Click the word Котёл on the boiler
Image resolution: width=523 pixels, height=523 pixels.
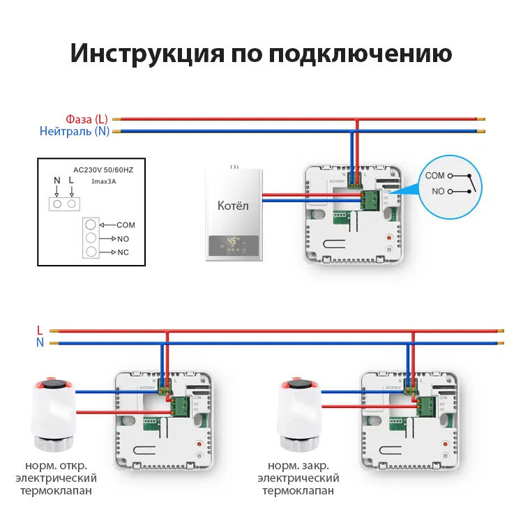pyautogui.click(x=233, y=206)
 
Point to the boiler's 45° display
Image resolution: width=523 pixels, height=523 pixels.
pyautogui.click(x=233, y=242)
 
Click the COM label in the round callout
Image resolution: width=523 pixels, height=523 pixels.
pyautogui.click(x=434, y=176)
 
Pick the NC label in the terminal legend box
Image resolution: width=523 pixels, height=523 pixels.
pyautogui.click(x=123, y=251)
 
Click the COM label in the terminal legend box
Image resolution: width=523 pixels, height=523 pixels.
pyautogui.click(x=126, y=225)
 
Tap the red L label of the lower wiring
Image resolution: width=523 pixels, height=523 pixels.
pyautogui.click(x=40, y=330)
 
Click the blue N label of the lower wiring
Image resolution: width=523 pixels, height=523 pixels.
pyautogui.click(x=40, y=342)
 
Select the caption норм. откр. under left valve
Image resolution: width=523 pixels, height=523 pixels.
pyautogui.click(x=56, y=466)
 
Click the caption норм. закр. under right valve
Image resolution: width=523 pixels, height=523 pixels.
pyautogui.click(x=298, y=466)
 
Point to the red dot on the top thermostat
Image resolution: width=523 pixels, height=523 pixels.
pyautogui.click(x=387, y=239)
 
